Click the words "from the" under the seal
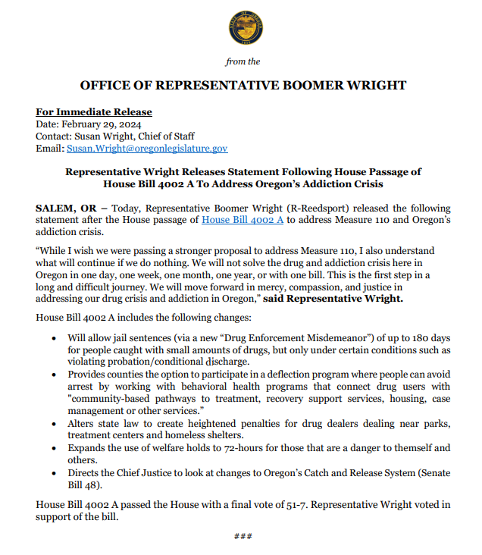pyautogui.click(x=243, y=62)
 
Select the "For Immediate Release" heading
pyautogui.click(x=94, y=112)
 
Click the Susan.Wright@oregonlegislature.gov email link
pyautogui.click(x=147, y=149)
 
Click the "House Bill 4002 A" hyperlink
pyautogui.click(x=243, y=220)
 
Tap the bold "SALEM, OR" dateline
pyautogui.click(x=66, y=208)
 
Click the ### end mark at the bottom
pyautogui.click(x=242, y=537)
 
